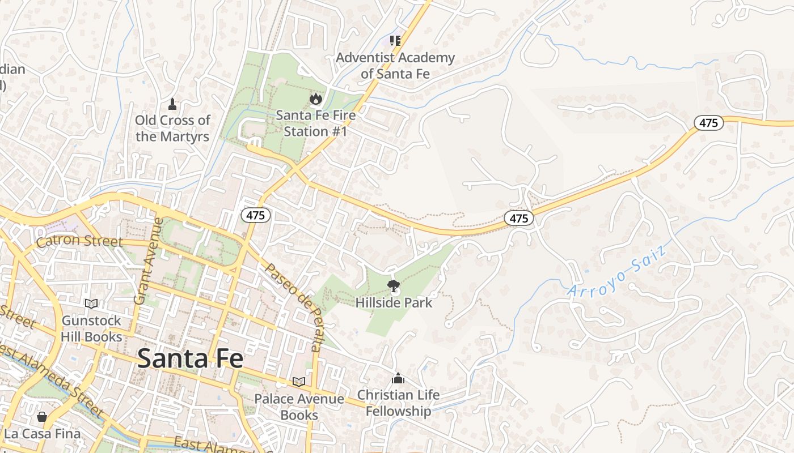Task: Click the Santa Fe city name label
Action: tap(190, 358)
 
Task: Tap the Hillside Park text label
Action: tap(394, 303)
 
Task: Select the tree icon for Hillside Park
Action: tap(392, 285)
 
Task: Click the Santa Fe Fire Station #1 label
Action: tap(316, 123)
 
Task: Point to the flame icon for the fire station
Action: tap(315, 99)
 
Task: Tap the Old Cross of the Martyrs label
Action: tap(172, 129)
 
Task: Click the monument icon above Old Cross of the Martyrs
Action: tap(172, 104)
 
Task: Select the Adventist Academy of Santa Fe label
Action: tap(395, 66)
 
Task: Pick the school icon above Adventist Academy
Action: tap(395, 40)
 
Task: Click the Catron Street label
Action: tap(79, 242)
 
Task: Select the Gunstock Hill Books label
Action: tap(91, 329)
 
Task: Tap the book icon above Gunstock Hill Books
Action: tap(91, 304)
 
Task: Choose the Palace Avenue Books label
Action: tap(299, 407)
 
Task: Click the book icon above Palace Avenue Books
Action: tap(299, 382)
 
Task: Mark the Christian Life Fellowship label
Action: tap(398, 403)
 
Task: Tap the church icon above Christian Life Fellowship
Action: tap(398, 378)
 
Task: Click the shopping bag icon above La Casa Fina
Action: tap(42, 417)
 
